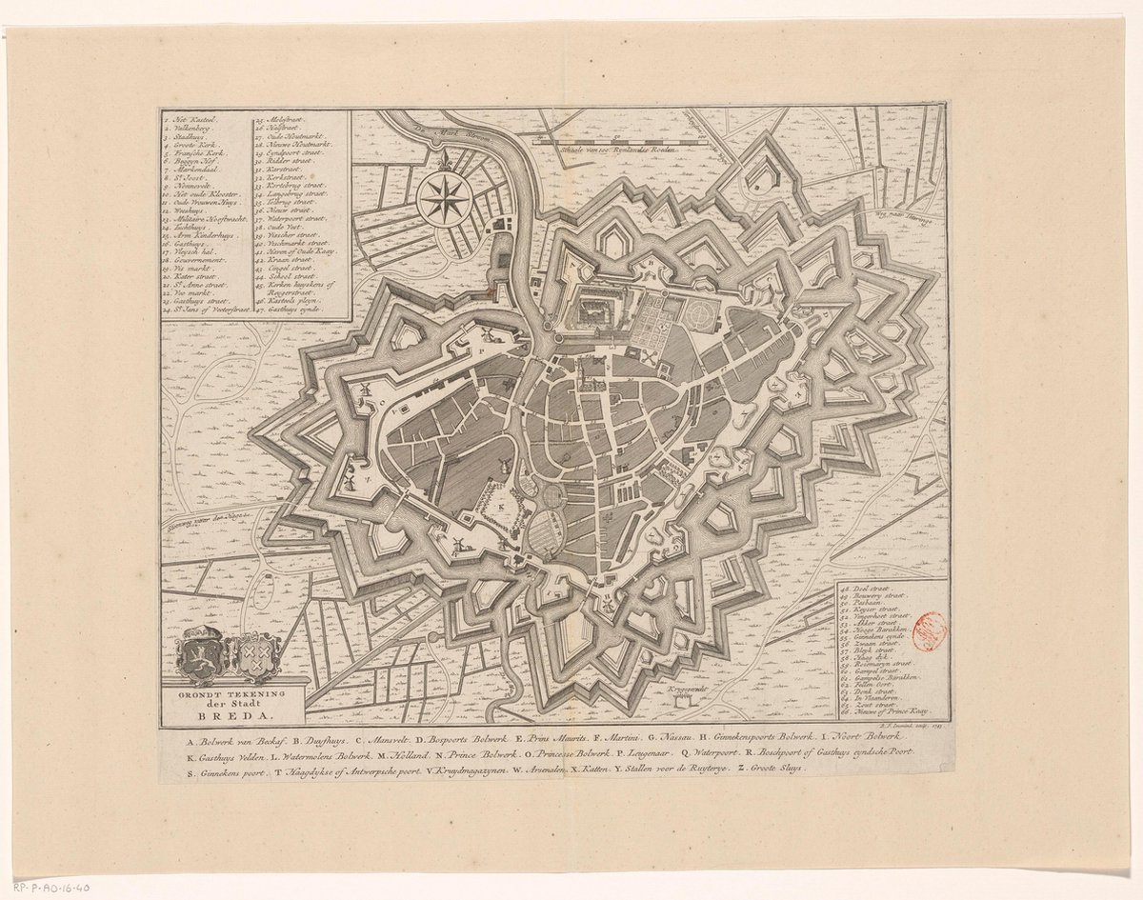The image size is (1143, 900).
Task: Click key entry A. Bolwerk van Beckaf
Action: pyautogui.click(x=225, y=738)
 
